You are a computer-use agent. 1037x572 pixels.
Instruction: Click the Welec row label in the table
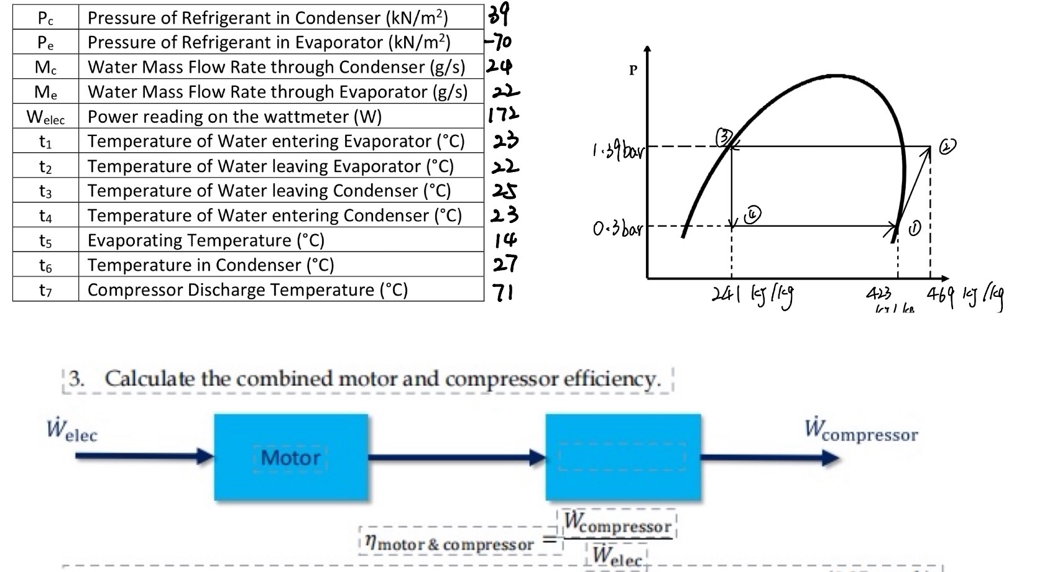pyautogui.click(x=45, y=117)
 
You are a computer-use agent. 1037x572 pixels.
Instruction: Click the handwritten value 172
pyautogui.click(x=503, y=115)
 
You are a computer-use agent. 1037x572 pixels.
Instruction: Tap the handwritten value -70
pyautogui.click(x=499, y=42)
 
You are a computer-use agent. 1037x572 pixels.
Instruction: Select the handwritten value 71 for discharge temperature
pyautogui.click(x=502, y=291)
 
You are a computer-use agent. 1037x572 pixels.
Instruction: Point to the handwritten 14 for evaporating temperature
pyautogui.click(x=505, y=240)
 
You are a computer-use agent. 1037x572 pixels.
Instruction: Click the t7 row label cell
pyautogui.click(x=45, y=290)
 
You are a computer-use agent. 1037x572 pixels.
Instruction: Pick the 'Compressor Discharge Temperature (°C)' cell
pyautogui.click(x=247, y=290)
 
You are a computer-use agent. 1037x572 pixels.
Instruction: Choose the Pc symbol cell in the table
pyautogui.click(x=45, y=18)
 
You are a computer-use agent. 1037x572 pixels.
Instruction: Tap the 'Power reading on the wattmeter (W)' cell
pyautogui.click(x=234, y=117)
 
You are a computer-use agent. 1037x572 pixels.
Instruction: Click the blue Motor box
pyautogui.click(x=291, y=458)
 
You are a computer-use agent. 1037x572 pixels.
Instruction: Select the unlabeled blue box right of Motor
pyautogui.click(x=623, y=458)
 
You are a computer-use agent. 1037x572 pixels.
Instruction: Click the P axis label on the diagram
pyautogui.click(x=633, y=70)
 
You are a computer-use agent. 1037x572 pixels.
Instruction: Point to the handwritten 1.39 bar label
pyautogui.click(x=619, y=150)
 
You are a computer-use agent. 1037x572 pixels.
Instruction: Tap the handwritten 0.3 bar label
pyautogui.click(x=617, y=229)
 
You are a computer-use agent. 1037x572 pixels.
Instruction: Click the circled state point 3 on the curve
pyautogui.click(x=724, y=136)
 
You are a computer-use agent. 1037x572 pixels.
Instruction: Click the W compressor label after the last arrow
pyautogui.click(x=861, y=430)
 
